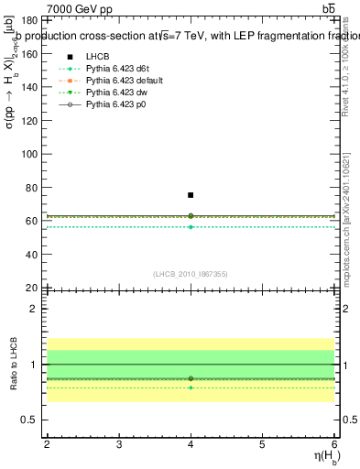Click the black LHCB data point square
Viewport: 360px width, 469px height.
[x=191, y=195]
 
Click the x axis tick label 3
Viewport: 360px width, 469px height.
[x=119, y=444]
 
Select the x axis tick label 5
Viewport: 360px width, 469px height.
[x=262, y=444]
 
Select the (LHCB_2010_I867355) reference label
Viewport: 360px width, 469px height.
[x=191, y=274]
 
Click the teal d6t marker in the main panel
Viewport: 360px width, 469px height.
[x=191, y=226]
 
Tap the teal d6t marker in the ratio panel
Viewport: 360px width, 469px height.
[x=191, y=387]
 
